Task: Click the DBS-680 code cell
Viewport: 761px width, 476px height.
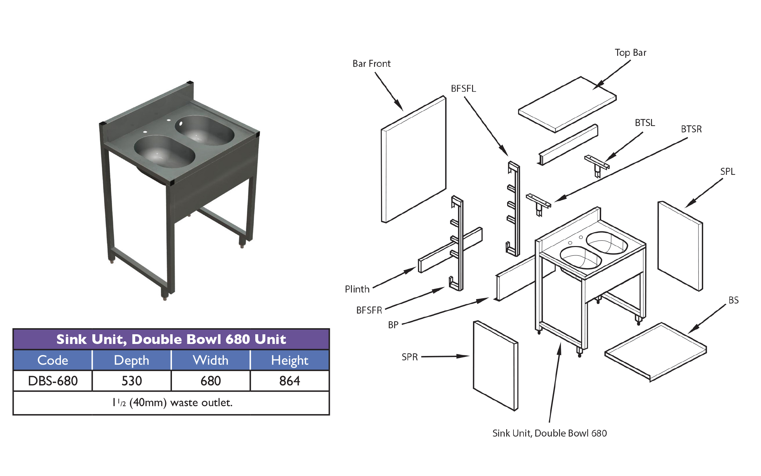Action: (x=53, y=381)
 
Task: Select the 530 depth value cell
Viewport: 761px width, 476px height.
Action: (x=132, y=381)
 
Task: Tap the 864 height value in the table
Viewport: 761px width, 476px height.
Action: (x=290, y=381)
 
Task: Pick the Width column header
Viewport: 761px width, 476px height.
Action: (x=211, y=360)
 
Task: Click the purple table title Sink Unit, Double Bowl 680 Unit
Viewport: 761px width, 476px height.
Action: (x=171, y=339)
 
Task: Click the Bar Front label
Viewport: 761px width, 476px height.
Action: (x=371, y=64)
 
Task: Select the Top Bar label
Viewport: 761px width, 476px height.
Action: (x=630, y=53)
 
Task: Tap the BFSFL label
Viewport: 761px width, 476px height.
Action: (x=463, y=89)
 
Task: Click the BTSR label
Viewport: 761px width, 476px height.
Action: (x=691, y=129)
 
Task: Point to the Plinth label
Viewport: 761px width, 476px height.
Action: (x=357, y=289)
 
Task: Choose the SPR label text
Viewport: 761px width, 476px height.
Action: (x=409, y=357)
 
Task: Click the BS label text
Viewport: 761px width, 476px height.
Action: (x=733, y=300)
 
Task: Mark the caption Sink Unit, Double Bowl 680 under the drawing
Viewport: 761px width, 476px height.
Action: (x=549, y=433)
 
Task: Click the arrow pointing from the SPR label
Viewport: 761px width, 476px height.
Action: (x=445, y=356)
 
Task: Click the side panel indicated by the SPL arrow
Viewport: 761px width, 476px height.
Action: (x=680, y=246)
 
